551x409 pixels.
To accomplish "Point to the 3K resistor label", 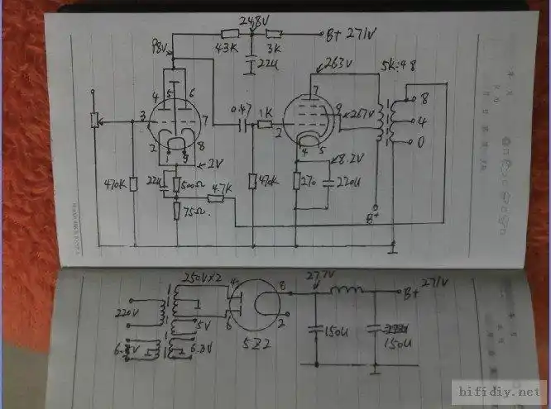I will (x=272, y=48).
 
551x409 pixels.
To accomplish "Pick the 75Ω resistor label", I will (x=195, y=212).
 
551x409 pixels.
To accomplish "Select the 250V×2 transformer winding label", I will (x=204, y=274).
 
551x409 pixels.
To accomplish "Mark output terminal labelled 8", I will (x=424, y=97).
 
